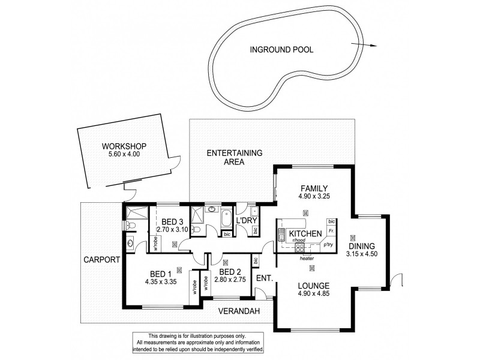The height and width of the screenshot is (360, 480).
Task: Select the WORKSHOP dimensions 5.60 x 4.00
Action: click(124, 154)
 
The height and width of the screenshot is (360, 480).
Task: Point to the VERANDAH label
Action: click(239, 311)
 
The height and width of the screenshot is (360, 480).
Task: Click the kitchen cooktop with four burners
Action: click(300, 246)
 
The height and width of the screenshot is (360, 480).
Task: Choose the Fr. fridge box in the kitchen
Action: click(331, 230)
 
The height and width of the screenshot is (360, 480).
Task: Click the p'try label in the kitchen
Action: click(328, 245)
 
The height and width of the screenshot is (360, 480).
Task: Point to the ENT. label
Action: click(263, 278)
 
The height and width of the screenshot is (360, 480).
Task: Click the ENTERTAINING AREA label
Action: click(235, 157)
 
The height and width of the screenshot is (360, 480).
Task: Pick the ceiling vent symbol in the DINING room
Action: click(352, 235)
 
